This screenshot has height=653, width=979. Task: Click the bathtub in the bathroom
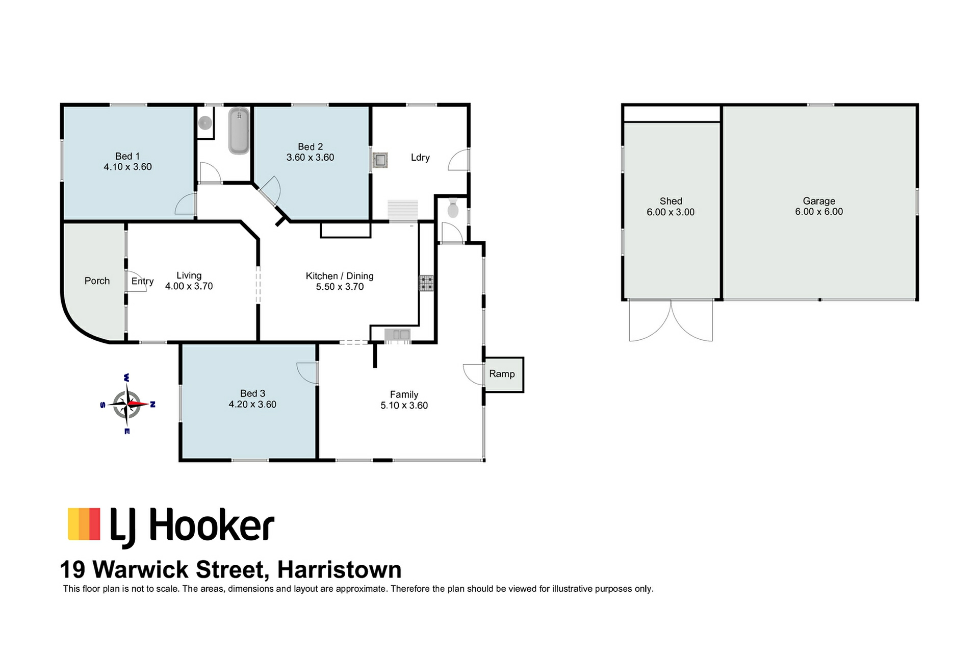click(x=239, y=131)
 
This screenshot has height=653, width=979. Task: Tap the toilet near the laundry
click(x=453, y=209)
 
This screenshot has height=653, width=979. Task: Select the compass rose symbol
click(x=127, y=404)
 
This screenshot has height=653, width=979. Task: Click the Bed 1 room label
click(x=127, y=156)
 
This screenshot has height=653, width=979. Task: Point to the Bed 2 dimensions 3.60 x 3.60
click(x=310, y=158)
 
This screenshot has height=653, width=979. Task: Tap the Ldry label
click(x=420, y=158)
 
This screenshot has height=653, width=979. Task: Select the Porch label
click(x=97, y=281)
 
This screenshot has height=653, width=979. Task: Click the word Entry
click(x=142, y=281)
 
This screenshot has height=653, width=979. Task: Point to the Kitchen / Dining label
click(x=340, y=276)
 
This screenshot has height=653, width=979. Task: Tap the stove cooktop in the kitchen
click(x=426, y=283)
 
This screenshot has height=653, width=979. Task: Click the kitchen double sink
click(x=398, y=335)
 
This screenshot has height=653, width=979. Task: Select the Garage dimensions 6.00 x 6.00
click(x=819, y=212)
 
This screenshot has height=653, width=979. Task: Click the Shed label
click(x=671, y=201)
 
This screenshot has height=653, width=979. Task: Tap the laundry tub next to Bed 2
click(x=380, y=160)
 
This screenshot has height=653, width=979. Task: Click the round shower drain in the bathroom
click(x=205, y=122)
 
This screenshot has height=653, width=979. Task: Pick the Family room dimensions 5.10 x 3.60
click(x=404, y=406)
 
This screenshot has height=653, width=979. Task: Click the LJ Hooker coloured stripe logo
click(x=84, y=524)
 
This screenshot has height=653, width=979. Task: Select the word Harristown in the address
click(x=340, y=569)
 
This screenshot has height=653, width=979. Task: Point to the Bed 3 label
click(x=252, y=393)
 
